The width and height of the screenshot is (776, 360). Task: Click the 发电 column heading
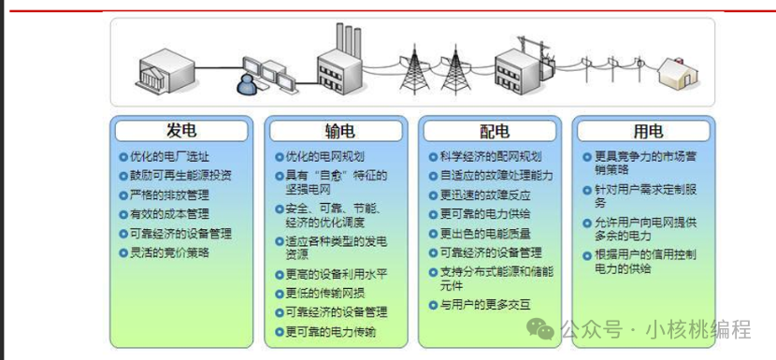pos(181,130)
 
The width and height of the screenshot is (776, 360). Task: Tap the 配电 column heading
pos(490,130)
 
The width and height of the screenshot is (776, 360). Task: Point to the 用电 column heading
pos(645,130)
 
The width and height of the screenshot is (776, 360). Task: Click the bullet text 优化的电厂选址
pos(169,156)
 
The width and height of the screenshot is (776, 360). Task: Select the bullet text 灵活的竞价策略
pos(169,252)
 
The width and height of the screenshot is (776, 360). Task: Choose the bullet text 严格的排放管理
pos(169,194)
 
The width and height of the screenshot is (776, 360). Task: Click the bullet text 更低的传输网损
pos(323,294)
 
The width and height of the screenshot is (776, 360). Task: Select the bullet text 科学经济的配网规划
pos(491,156)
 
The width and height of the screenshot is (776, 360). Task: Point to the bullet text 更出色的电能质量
pos(484,234)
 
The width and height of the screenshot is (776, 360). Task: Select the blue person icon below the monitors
pos(247,86)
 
